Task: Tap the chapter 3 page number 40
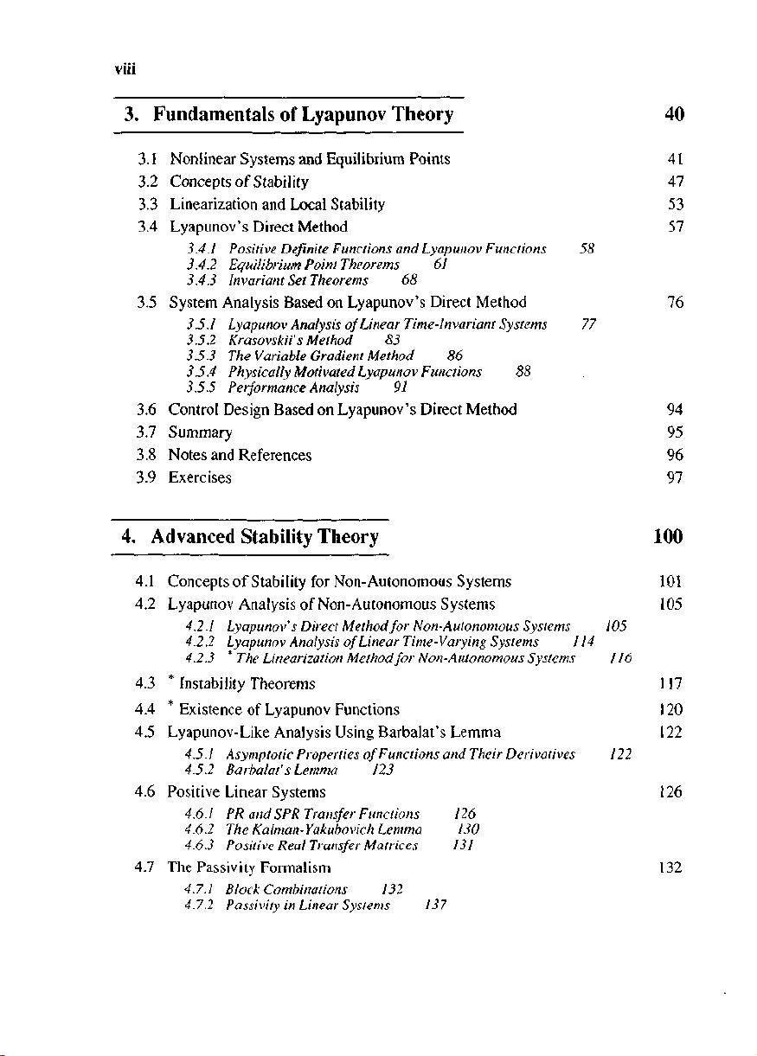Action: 675,114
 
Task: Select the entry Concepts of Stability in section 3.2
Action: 239,182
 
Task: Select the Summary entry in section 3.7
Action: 200,432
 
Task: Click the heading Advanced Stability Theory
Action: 264,537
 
